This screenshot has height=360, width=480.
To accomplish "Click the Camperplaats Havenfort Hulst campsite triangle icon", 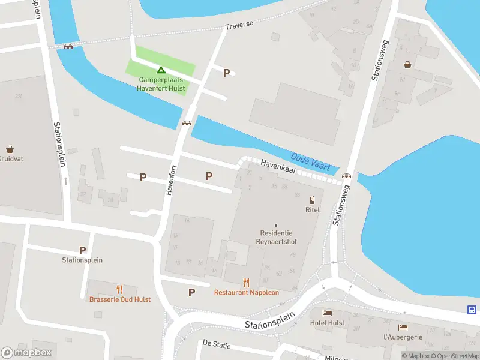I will coord(160,70).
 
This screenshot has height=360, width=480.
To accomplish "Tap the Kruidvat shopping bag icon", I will coord(10,149).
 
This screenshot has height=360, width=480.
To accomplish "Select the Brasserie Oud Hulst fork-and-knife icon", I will coord(119,289).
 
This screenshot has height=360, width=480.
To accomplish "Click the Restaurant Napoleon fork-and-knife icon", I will coord(246,282).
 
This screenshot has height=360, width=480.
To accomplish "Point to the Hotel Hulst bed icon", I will coord(327,313).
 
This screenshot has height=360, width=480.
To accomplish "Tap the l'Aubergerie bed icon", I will coord(403,328).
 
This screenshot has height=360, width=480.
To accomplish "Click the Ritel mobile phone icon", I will coord(312,200).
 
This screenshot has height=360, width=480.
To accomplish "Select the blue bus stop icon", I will coord(472,310).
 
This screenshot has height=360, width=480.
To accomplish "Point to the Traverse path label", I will coord(239,25).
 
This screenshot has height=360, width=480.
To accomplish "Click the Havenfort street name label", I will coord(171,179).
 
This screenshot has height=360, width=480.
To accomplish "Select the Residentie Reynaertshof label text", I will coord(276,236).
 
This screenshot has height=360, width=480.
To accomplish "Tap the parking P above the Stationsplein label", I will coord(82,250).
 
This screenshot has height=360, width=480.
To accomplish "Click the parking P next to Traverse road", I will coord(226,73).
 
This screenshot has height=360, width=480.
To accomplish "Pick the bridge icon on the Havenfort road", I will coord(187,124).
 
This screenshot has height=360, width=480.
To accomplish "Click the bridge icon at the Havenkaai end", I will coord(346,176).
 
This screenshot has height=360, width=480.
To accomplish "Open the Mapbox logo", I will coord(26,353).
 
